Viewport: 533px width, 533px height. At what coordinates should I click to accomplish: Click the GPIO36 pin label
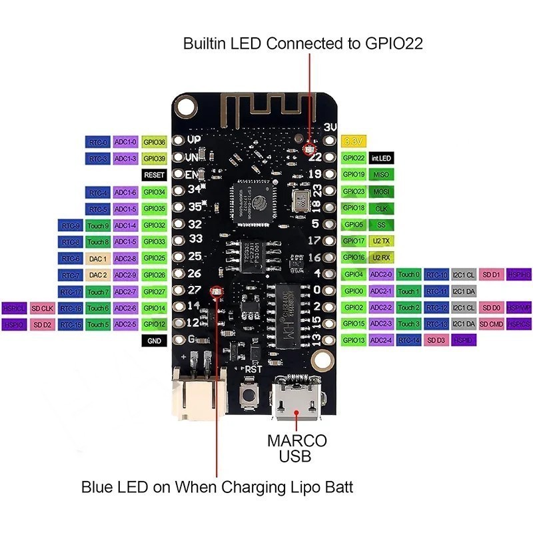tap(154, 142)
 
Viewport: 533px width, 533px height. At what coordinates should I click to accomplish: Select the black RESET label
tap(154, 175)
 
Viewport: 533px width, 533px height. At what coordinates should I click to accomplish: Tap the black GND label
tap(154, 340)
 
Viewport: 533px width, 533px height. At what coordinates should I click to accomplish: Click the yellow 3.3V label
tap(352, 142)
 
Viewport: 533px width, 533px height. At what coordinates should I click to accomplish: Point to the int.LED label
tap(381, 159)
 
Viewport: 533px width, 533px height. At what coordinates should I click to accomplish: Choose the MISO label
tap(381, 175)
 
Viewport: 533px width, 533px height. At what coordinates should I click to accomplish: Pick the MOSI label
tap(381, 192)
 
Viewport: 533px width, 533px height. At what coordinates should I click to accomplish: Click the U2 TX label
tap(381, 241)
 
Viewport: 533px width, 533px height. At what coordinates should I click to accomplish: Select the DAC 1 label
tap(98, 259)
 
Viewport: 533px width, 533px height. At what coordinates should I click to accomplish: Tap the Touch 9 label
tap(98, 225)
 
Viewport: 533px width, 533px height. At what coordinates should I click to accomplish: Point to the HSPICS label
tap(519, 324)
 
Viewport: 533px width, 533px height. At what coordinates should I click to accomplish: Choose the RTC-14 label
tap(410, 340)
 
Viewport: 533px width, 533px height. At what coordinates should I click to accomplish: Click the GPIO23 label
tap(353, 192)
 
